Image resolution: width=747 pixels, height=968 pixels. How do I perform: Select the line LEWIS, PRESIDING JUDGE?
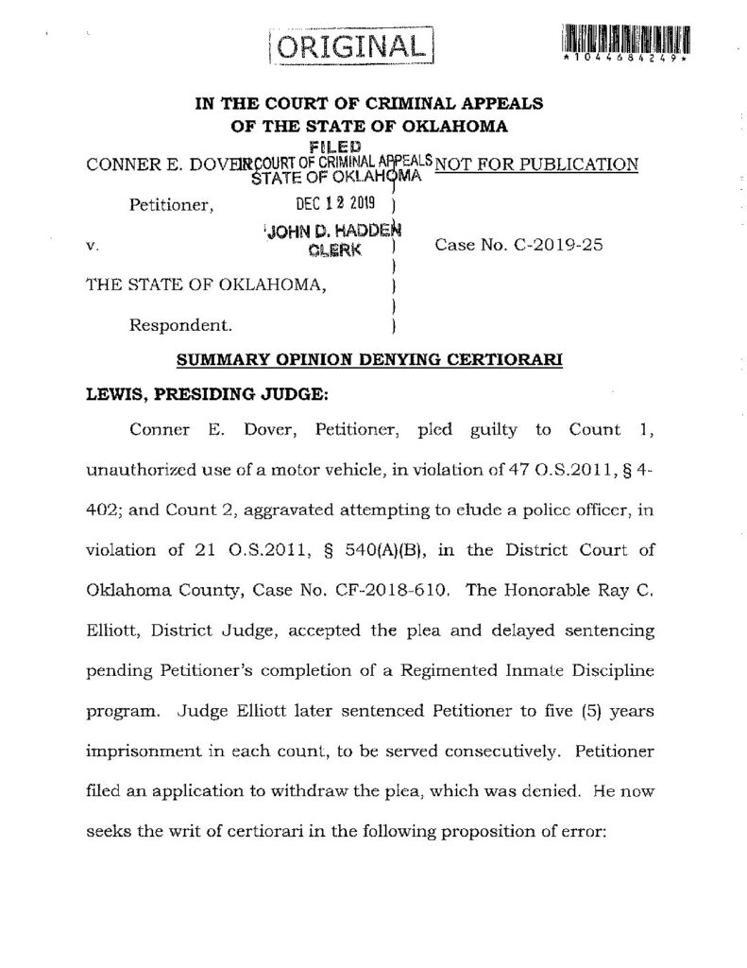click(x=183, y=395)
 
